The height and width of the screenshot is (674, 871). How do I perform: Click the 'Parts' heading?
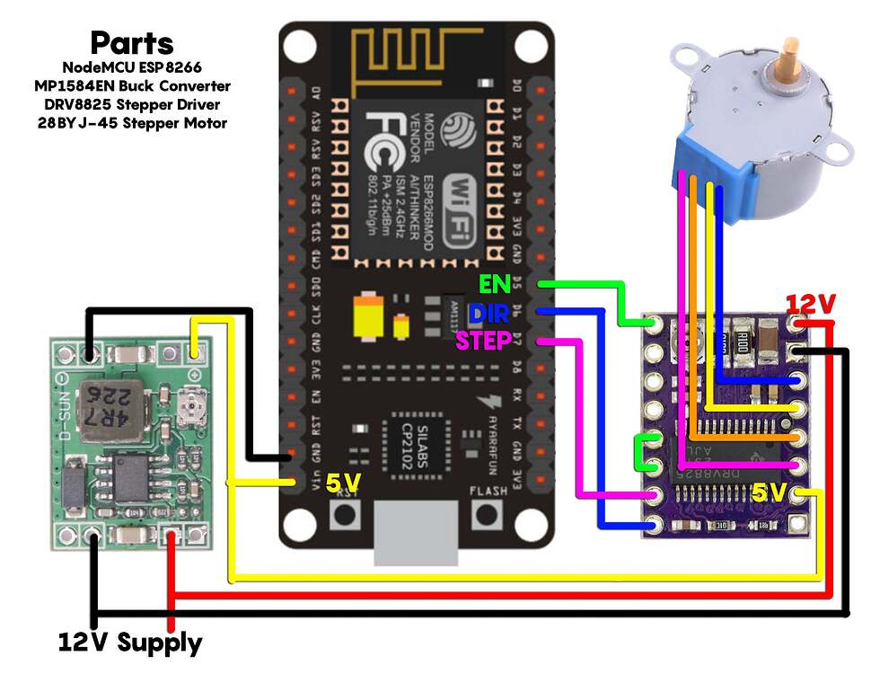(132, 43)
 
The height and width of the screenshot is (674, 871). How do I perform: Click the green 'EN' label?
(495, 285)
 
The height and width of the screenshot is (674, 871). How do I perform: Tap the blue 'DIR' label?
(490, 313)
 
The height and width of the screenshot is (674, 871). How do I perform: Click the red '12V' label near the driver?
(812, 305)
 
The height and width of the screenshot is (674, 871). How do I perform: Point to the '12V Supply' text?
(130, 643)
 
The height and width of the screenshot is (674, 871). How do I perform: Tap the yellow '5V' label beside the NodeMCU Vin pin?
(342, 483)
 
